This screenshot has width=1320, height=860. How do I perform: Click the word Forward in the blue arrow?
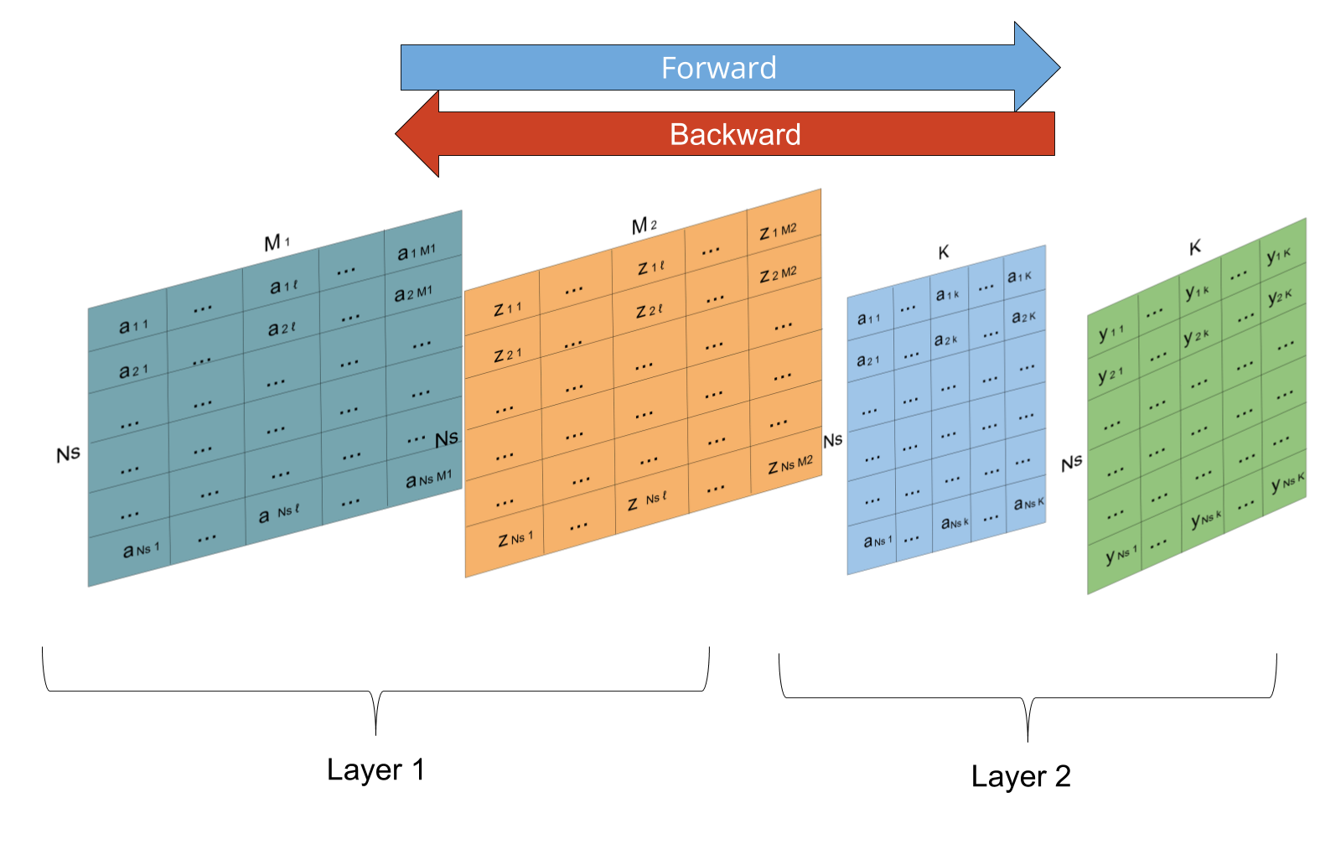pos(718,68)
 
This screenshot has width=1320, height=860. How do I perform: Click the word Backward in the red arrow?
pos(735,134)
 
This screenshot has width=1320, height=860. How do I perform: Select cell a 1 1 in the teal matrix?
pos(132,326)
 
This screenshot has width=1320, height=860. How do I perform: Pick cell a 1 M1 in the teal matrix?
pos(417,251)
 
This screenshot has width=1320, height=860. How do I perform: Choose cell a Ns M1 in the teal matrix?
pos(428,479)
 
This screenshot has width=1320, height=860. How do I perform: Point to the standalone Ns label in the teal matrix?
pos(447,438)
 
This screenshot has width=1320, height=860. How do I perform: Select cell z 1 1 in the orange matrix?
pos(507,308)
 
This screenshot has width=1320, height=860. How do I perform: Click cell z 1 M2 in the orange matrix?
pos(778,231)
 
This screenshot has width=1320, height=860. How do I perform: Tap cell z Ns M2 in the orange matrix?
pos(789,464)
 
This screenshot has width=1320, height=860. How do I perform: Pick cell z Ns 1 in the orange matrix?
pos(515,539)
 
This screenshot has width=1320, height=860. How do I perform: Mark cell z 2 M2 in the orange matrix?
pos(778,274)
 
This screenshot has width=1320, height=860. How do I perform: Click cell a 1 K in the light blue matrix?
pos(1019,276)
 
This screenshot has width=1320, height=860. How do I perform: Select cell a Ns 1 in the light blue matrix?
pos(877,541)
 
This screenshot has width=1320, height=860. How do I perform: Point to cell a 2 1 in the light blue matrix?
pos(867,360)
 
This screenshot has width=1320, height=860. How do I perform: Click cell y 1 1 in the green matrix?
pos(1111,334)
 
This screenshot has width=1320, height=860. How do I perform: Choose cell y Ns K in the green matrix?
pos(1287,482)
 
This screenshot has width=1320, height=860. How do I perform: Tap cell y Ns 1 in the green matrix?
pos(1121,555)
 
